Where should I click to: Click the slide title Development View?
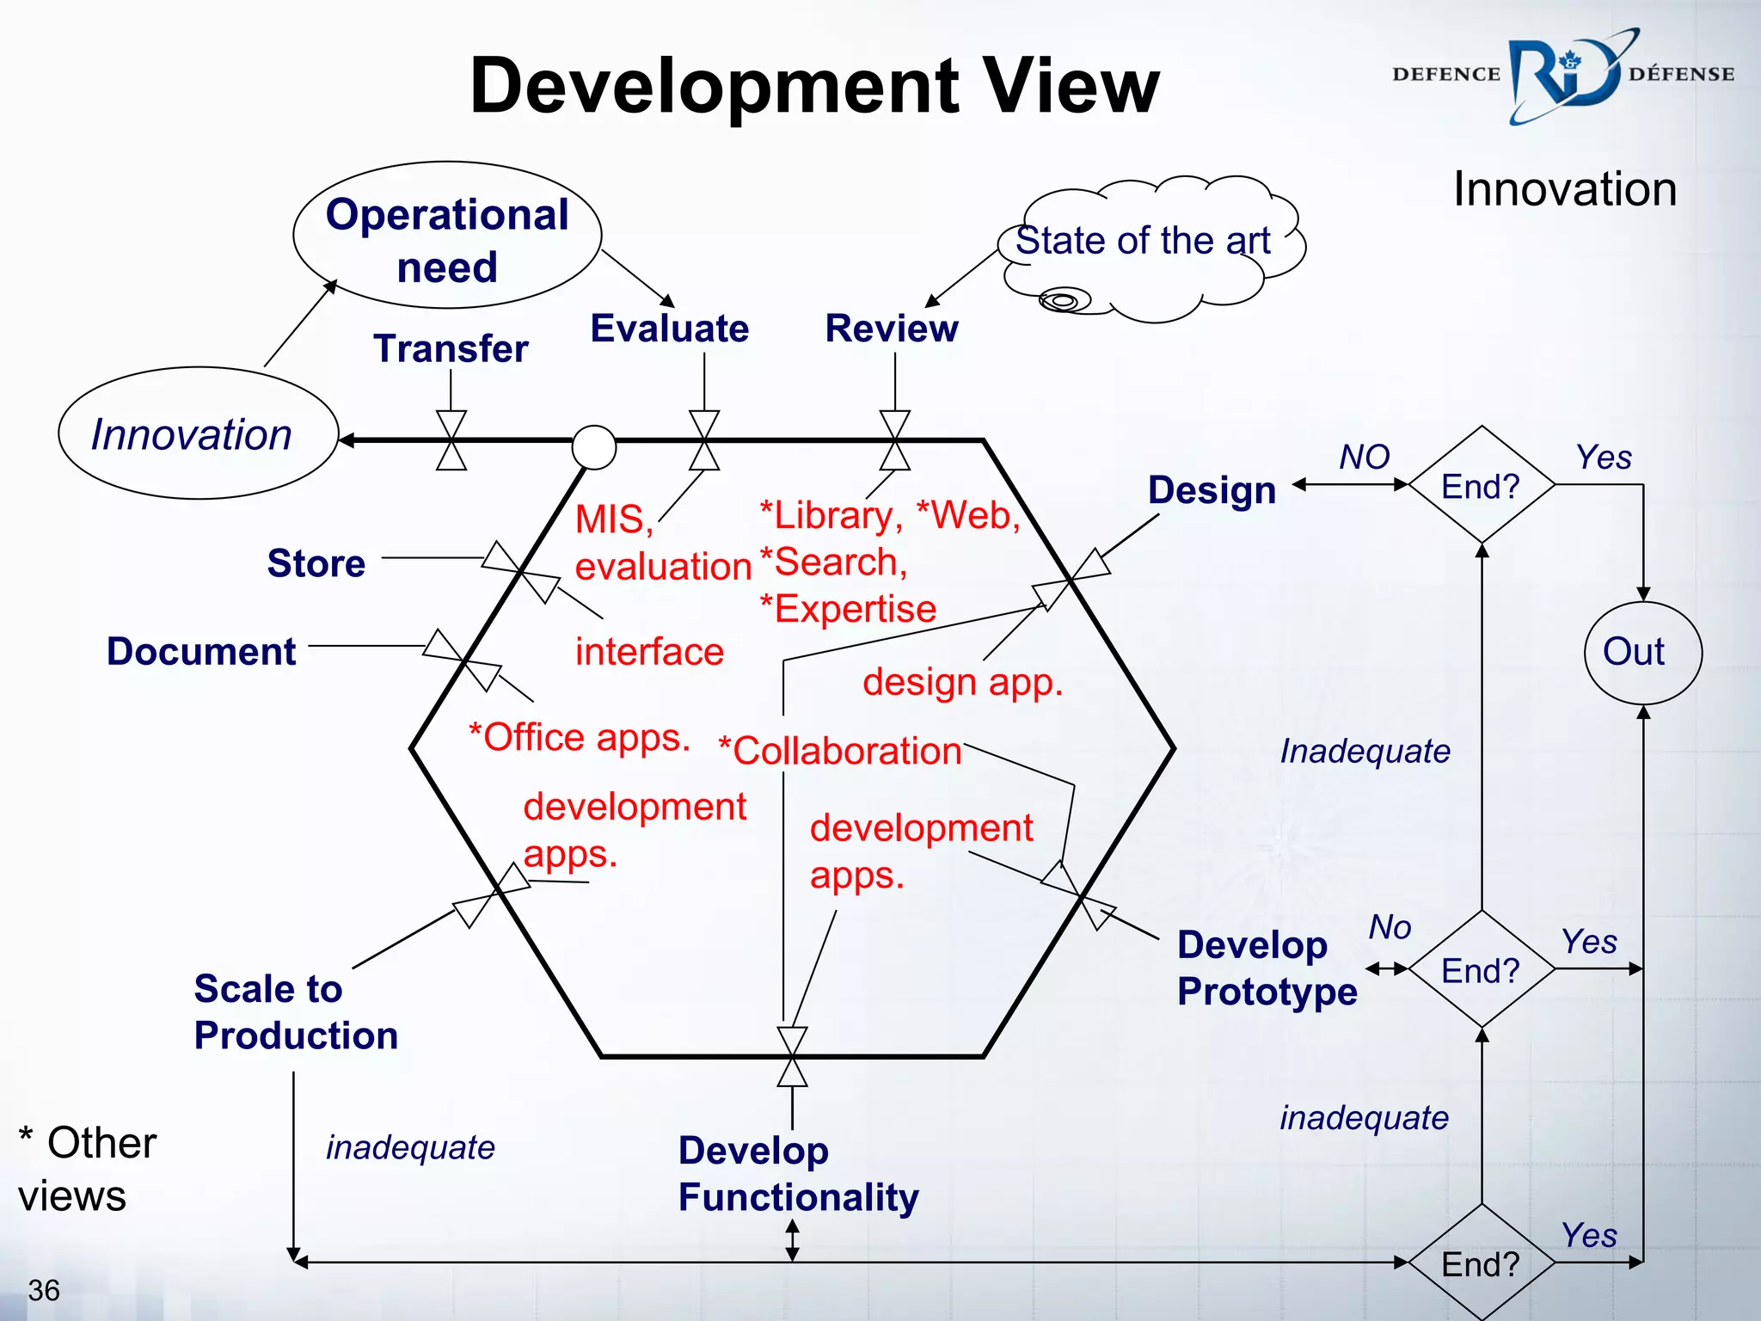(814, 86)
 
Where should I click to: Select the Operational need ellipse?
(447, 236)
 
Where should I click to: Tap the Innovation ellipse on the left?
(197, 433)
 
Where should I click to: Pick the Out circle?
(1642, 653)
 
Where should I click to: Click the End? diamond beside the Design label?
(1481, 486)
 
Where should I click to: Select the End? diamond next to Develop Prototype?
(1481, 970)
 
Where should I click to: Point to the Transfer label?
(451, 349)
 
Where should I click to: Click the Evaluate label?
(669, 329)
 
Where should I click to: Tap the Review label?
(892, 329)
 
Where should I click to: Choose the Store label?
(316, 563)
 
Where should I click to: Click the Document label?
(201, 651)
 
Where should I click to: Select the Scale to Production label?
(296, 1012)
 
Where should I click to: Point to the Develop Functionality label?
(798, 1174)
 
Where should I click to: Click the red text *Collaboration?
(840, 751)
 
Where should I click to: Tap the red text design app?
(963, 682)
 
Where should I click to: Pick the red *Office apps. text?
(579, 738)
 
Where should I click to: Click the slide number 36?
(44, 1290)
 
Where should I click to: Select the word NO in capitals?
(1364, 457)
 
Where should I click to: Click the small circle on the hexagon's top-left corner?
(594, 447)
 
